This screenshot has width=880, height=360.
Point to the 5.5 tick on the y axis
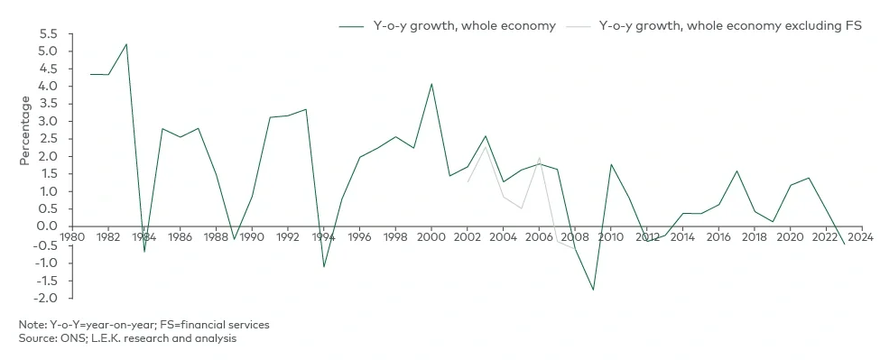48,34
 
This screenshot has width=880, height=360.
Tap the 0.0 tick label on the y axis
48,226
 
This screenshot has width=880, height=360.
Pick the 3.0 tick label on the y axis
48,122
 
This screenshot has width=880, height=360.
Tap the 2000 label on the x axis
431,238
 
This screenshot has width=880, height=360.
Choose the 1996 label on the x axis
359,238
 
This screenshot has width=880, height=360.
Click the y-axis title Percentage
25,131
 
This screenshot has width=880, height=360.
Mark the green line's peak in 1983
125,44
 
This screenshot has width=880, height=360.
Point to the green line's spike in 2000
431,84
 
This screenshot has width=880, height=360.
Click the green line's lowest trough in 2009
593,290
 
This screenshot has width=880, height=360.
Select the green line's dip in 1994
323,266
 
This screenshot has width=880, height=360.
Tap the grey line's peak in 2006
539,158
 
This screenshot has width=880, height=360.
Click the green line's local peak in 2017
736,171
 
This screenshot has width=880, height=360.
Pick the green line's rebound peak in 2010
611,164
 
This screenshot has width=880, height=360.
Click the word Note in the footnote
30,324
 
